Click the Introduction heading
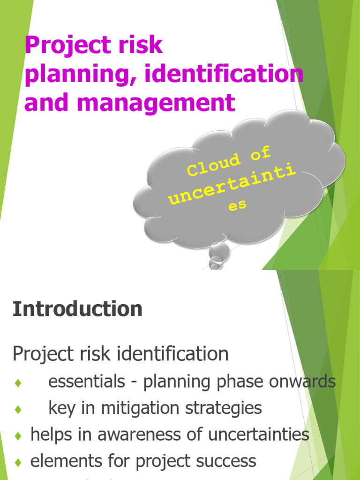click(x=77, y=309)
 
